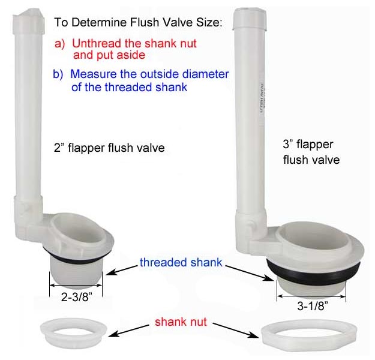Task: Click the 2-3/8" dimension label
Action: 77,297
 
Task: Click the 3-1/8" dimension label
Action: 313,306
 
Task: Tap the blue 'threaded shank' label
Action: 181,262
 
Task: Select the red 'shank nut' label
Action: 181,322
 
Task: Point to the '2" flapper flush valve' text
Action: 109,148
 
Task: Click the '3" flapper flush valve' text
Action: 311,152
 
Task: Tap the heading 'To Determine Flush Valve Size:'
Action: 138,22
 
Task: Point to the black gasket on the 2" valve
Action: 77,257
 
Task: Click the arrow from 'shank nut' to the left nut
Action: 128,330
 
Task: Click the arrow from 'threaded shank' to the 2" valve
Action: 121,270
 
